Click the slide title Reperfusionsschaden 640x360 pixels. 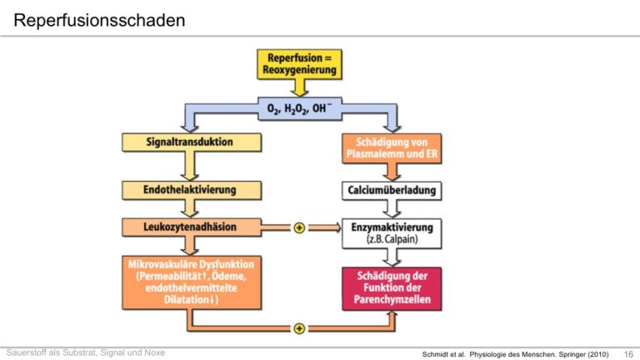pos(99,20)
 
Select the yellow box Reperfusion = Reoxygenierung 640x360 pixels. pos(300,64)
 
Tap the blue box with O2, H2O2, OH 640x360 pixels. pos(300,108)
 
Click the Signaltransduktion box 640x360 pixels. pos(192,142)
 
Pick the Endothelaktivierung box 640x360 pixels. pos(192,190)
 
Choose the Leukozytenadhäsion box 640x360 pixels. pos(192,227)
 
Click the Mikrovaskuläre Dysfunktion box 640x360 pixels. pos(192,282)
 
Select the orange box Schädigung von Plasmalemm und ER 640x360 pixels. pos(392,148)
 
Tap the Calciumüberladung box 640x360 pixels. pos(392,191)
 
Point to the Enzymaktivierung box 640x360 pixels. pos(392,233)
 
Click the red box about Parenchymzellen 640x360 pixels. pos(392,288)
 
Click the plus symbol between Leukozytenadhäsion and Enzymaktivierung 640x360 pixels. pos(299,227)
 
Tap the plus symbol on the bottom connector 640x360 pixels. pos(299,328)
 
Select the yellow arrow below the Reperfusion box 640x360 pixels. pos(299,87)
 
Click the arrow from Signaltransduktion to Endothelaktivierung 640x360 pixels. pos(189,167)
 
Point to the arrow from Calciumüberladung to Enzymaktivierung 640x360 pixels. pos(392,209)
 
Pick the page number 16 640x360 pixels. pos(628,354)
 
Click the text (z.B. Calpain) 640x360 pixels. pos(392,239)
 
